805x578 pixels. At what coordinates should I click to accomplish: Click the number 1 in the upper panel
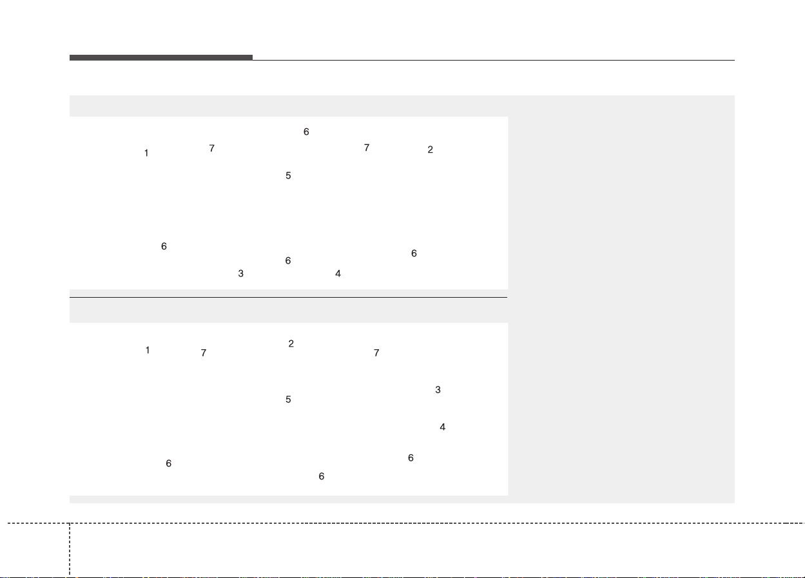click(146, 153)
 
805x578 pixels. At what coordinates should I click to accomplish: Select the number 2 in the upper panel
click(430, 149)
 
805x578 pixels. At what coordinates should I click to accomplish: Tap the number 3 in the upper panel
click(241, 273)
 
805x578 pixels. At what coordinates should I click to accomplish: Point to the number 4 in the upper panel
click(338, 273)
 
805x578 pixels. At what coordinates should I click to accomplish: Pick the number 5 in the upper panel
click(288, 175)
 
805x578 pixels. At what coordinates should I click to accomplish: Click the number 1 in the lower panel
click(148, 350)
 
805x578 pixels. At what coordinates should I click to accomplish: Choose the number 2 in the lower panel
click(291, 343)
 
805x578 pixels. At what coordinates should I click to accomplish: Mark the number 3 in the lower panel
click(438, 389)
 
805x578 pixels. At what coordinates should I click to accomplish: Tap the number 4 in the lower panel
click(442, 427)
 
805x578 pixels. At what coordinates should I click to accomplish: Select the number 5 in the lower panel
click(288, 399)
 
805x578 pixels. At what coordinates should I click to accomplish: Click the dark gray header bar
click(161, 57)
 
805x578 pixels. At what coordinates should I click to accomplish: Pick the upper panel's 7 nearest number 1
click(211, 148)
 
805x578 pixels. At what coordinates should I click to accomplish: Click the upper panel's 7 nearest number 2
click(367, 148)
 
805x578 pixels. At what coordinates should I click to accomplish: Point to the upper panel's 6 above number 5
click(306, 131)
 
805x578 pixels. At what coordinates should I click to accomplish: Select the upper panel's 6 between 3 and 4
click(288, 260)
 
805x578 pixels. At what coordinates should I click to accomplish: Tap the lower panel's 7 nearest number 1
click(204, 352)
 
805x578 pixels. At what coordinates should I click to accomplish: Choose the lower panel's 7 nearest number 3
click(376, 352)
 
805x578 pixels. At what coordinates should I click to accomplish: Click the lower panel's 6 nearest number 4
click(411, 458)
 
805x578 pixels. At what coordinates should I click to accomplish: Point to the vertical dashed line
click(70, 550)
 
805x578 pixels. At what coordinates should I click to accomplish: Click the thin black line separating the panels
click(288, 297)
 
